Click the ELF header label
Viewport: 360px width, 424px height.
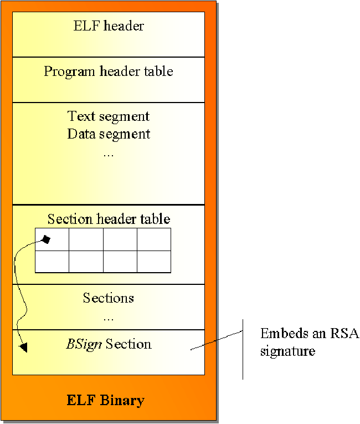[109, 25]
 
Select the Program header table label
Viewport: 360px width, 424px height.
[109, 71]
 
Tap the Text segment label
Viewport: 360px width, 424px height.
[109, 116]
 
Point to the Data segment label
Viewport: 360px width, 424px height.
[109, 134]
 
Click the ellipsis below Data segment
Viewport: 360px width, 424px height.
[109, 154]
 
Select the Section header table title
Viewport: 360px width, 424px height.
[109, 219]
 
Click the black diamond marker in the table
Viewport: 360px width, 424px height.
[47, 239]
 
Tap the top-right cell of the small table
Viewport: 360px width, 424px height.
[153, 239]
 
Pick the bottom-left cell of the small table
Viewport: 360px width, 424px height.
[52, 262]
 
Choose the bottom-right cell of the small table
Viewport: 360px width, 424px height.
[153, 262]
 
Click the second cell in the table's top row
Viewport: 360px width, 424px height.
[86, 239]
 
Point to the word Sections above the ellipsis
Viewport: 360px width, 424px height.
[109, 298]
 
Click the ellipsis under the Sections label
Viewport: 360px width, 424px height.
[109, 318]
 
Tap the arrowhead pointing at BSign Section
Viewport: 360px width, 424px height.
[23, 347]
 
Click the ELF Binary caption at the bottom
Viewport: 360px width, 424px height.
[106, 400]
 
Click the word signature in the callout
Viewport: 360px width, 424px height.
[287, 351]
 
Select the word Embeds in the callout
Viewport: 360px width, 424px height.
[280, 334]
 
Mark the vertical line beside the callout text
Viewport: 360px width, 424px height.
[243, 349]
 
